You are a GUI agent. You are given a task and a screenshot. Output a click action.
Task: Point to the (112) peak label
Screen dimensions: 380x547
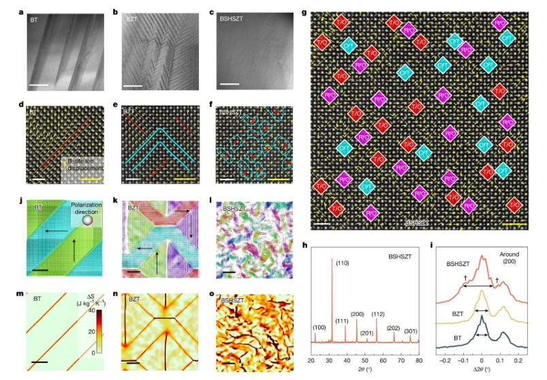[379, 314]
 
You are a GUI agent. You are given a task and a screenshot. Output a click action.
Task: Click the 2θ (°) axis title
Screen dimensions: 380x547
[366, 372]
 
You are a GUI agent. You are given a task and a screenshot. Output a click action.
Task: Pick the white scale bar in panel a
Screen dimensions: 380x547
[37, 85]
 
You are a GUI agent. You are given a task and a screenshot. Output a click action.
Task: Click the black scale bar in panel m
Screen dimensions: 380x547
[39, 362]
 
